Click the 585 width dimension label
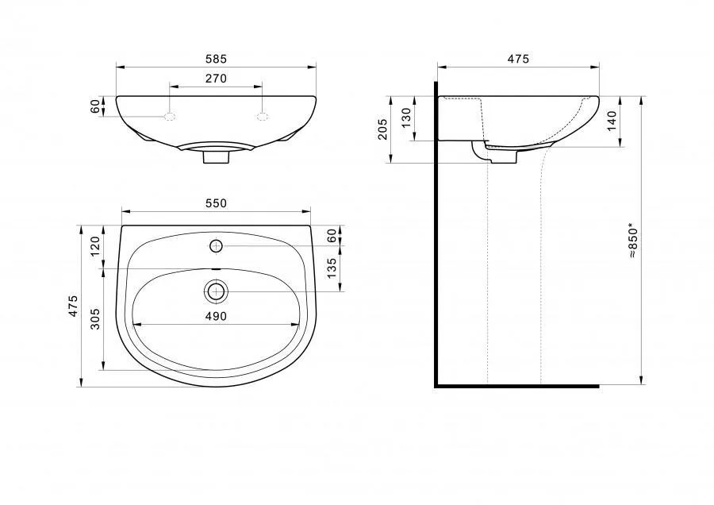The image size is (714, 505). pyautogui.click(x=216, y=59)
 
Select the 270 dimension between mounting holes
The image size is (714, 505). pyautogui.click(x=216, y=79)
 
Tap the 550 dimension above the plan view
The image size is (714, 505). pyautogui.click(x=216, y=203)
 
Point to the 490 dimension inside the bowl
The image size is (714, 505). pyautogui.click(x=216, y=316)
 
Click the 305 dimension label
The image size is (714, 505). pyautogui.click(x=94, y=319)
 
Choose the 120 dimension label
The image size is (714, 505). pyautogui.click(x=94, y=247)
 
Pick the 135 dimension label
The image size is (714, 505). pyautogui.click(x=332, y=268)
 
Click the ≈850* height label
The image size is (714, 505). pyautogui.click(x=633, y=241)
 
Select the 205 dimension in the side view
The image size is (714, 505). pyautogui.click(x=382, y=129)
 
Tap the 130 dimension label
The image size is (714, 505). pyautogui.click(x=406, y=118)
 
